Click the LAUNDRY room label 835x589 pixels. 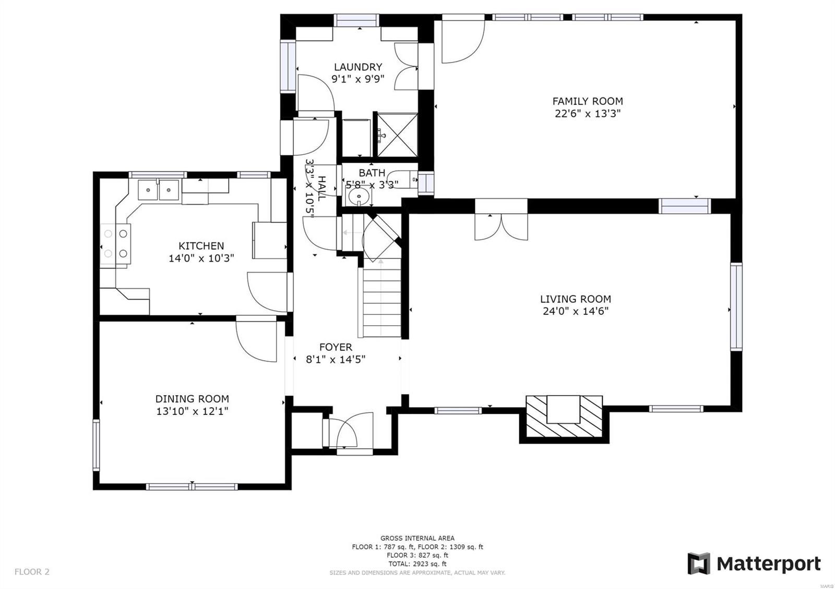pyautogui.click(x=357, y=67)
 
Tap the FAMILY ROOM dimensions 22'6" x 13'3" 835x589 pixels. pyautogui.click(x=587, y=114)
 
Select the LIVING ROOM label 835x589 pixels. pyautogui.click(x=575, y=299)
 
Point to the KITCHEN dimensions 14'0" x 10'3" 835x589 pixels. pyautogui.click(x=201, y=258)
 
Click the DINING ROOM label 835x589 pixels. pyautogui.click(x=192, y=399)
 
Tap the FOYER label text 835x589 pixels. pyautogui.click(x=336, y=347)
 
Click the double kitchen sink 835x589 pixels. pyautogui.click(x=158, y=189)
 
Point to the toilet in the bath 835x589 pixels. pyautogui.click(x=404, y=179)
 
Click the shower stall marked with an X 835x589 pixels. pyautogui.click(x=397, y=134)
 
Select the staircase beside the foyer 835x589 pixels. pyautogui.click(x=380, y=302)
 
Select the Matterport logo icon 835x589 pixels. pyautogui.click(x=698, y=563)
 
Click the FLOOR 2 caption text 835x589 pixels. pyautogui.click(x=32, y=572)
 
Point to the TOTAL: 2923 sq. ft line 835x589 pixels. pyautogui.click(x=417, y=564)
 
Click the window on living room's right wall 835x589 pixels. pyautogui.click(x=736, y=306)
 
